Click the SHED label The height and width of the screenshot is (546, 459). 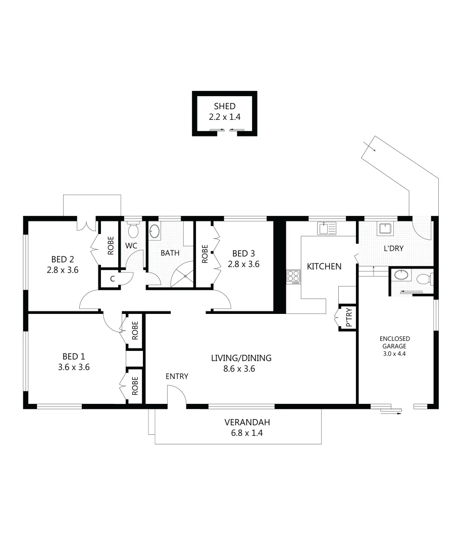pyautogui.click(x=225, y=106)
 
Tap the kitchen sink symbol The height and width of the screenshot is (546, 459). pyautogui.click(x=327, y=229)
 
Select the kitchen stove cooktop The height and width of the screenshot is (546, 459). pyautogui.click(x=293, y=277)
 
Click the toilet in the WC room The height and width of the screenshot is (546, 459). pyautogui.click(x=133, y=231)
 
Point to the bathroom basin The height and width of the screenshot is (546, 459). pyautogui.click(x=155, y=232)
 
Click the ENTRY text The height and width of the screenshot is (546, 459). pyautogui.click(x=177, y=376)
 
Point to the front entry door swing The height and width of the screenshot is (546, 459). pyautogui.click(x=177, y=395)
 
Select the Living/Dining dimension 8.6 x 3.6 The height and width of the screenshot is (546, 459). pyautogui.click(x=241, y=369)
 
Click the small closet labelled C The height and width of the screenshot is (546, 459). pyautogui.click(x=112, y=279)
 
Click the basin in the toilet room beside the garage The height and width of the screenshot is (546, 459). pyautogui.click(x=401, y=276)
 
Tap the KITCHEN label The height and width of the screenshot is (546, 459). pyautogui.click(x=324, y=266)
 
